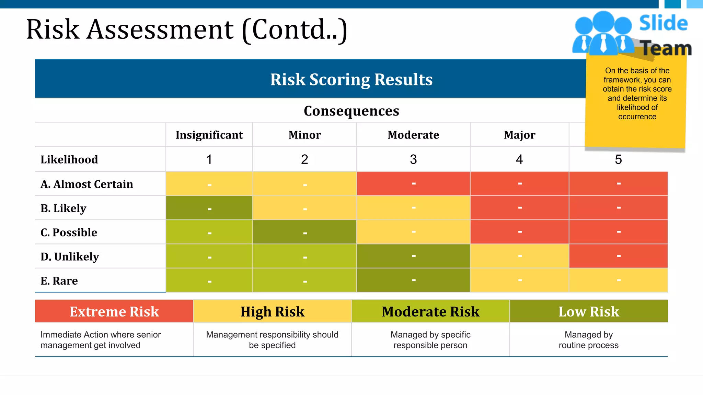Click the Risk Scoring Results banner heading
tap(351, 80)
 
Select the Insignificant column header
tap(209, 135)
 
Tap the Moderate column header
tap(413, 135)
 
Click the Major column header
tap(519, 135)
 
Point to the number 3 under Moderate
tap(413, 159)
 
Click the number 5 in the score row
tap(618, 159)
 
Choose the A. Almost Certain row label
tap(87, 184)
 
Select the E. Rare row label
tap(59, 281)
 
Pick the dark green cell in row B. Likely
tap(209, 208)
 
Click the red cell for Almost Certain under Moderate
tap(413, 184)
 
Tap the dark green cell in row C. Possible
tap(304, 232)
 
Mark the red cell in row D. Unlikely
tap(618, 256)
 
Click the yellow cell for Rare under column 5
tap(618, 280)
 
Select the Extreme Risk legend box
tap(114, 311)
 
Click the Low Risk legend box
tap(589, 311)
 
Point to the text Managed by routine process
tap(589, 340)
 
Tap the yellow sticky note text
tap(637, 94)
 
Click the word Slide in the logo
tap(663, 23)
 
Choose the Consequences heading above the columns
tap(351, 111)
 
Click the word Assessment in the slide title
tap(160, 29)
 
